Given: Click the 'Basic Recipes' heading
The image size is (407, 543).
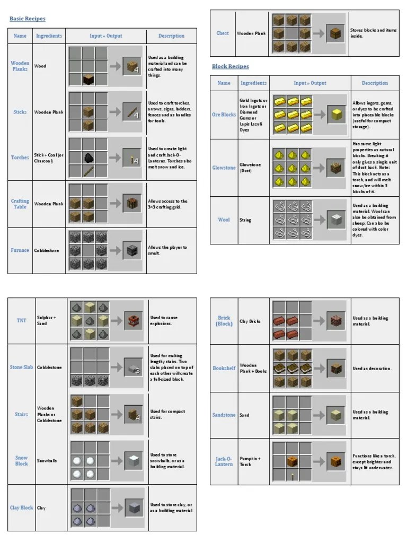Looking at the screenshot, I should (28, 19).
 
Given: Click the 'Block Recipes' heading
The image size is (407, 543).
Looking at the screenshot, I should (230, 66).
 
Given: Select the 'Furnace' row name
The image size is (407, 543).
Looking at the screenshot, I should (20, 250).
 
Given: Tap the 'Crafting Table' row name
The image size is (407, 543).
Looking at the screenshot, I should (20, 204).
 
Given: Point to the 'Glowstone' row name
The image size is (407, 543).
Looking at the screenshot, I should (224, 168).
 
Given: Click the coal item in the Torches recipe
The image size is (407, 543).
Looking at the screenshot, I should (89, 157).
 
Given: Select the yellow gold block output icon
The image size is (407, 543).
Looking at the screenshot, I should (335, 115).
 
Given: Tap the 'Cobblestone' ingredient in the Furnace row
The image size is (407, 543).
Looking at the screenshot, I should (47, 250).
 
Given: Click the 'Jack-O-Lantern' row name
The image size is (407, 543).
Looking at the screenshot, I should (224, 461).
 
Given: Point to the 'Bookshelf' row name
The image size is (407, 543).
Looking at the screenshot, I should (224, 368).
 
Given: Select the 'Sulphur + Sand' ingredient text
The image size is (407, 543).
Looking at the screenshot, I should (46, 320).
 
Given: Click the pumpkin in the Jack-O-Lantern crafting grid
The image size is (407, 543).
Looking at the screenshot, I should (292, 461).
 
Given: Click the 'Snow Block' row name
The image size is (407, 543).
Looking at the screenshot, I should (21, 461).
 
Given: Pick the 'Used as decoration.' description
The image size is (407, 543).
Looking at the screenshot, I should (372, 369).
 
